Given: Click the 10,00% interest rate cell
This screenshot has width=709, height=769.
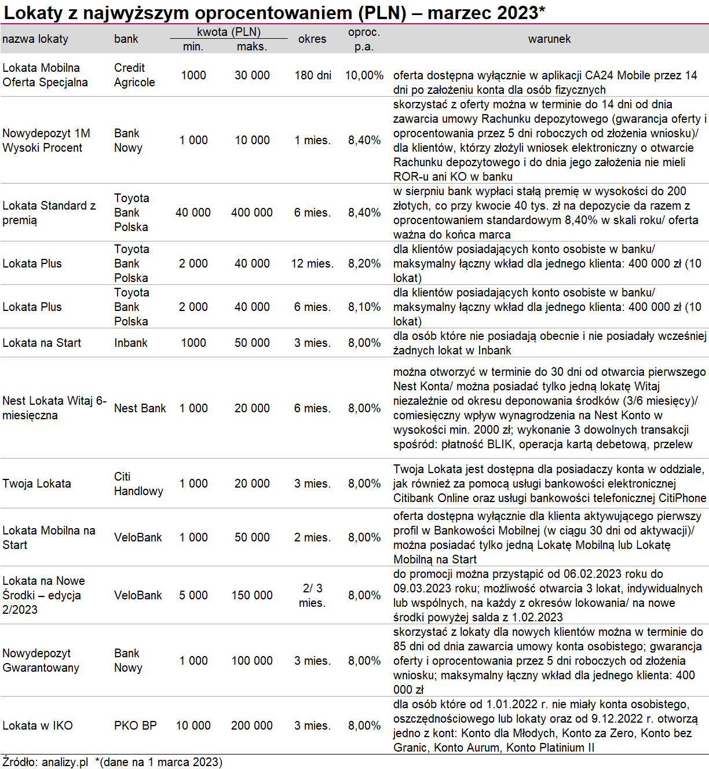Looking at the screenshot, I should point(364,75).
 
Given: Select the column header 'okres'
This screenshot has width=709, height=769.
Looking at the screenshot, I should point(312,39).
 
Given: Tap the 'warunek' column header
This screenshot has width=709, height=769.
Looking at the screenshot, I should point(549,39).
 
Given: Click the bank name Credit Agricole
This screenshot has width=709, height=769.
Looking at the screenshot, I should point(134,75).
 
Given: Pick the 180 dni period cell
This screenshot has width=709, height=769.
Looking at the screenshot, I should point(313,75).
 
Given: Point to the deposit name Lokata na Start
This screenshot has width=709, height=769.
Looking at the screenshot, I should point(42,343).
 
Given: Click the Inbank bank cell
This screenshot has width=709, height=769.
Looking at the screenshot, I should point(131,343).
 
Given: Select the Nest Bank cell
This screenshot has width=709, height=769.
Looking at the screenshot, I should point(140,408).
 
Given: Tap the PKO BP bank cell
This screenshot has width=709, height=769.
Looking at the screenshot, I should point(136,726).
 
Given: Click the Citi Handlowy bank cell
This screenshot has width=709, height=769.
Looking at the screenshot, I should point(138,484).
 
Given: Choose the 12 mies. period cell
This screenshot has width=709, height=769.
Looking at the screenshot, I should point(312,263).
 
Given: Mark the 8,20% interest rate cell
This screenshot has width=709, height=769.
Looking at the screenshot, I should point(364,263).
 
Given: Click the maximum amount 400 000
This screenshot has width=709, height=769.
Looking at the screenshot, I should point(252,213).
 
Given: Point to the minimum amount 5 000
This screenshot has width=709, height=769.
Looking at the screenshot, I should point(193,595).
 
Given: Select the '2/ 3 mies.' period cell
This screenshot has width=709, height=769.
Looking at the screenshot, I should point(312,595).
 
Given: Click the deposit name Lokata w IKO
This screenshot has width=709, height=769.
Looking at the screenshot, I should point(38,726).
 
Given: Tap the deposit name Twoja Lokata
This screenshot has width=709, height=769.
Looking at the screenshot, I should point(36,484).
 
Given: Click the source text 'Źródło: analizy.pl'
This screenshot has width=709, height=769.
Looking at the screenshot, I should point(45,762).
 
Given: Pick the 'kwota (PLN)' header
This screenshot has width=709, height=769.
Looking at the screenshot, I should point(229,32).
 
